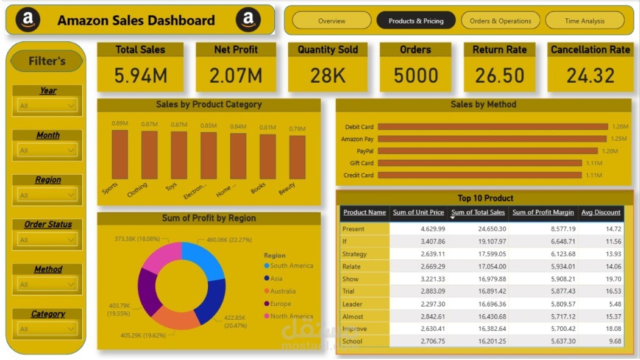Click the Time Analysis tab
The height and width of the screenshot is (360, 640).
[x=585, y=21]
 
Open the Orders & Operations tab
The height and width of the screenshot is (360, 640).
[x=500, y=21]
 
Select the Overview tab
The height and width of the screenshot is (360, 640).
[x=332, y=21]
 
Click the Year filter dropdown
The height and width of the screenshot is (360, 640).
[x=47, y=106]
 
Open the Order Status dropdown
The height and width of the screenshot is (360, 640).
[x=47, y=240]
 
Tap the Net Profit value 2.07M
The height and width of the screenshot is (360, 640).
[x=236, y=76]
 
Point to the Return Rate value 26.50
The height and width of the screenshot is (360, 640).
[x=499, y=76]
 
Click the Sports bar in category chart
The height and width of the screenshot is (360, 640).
[x=120, y=155]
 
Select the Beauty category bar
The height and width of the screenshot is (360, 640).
[x=297, y=157]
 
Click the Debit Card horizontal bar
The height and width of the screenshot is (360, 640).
[x=492, y=127]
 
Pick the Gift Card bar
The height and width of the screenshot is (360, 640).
[x=479, y=163]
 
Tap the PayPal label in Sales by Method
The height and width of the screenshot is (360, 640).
[x=365, y=151]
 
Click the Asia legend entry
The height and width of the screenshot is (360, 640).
[x=276, y=278]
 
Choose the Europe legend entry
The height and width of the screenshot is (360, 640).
[x=280, y=304]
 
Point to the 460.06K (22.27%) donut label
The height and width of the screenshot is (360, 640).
[x=229, y=240]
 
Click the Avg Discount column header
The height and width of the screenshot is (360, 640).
[x=600, y=213]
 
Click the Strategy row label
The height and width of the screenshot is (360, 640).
[x=355, y=254]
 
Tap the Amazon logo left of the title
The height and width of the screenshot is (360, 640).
[x=27, y=20]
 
